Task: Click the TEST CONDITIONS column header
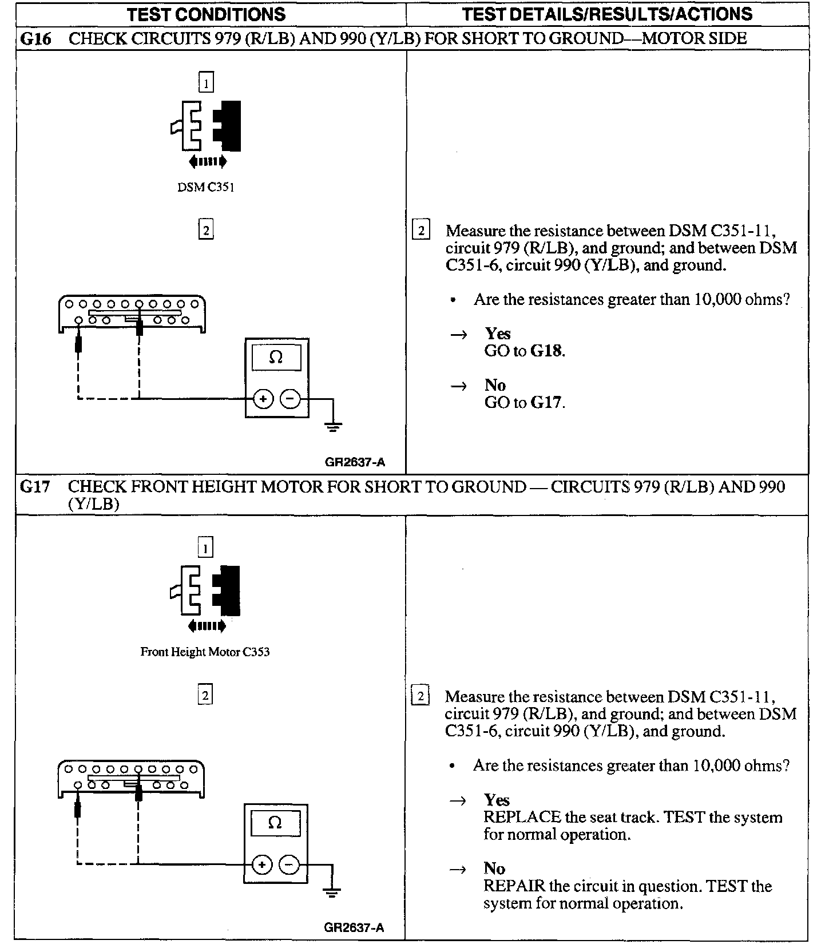pos(206,14)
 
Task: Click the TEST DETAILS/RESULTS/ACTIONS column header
pos(607,14)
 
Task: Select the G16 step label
pos(35,39)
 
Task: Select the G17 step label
pos(35,487)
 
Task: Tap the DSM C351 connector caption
pos(205,188)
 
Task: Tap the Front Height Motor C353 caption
pos(205,652)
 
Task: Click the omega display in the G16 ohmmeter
pos(276,358)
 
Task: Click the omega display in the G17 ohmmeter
pos(275,823)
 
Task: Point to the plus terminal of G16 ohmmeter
pos(263,399)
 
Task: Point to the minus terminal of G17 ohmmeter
pos(289,864)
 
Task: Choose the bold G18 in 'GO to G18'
pos(546,351)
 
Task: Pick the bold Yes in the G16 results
pos(498,334)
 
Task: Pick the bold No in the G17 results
pos(494,868)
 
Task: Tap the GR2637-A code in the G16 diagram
pos(355,463)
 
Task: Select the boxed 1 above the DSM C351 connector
pos(206,84)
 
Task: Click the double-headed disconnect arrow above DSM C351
pos(208,162)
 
